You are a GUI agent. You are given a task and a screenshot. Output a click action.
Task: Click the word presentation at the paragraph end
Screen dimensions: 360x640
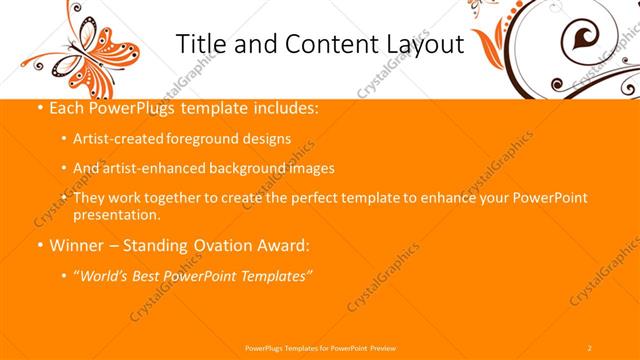click(x=115, y=214)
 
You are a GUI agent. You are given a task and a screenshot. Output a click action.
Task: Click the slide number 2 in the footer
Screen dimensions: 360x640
click(x=590, y=347)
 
